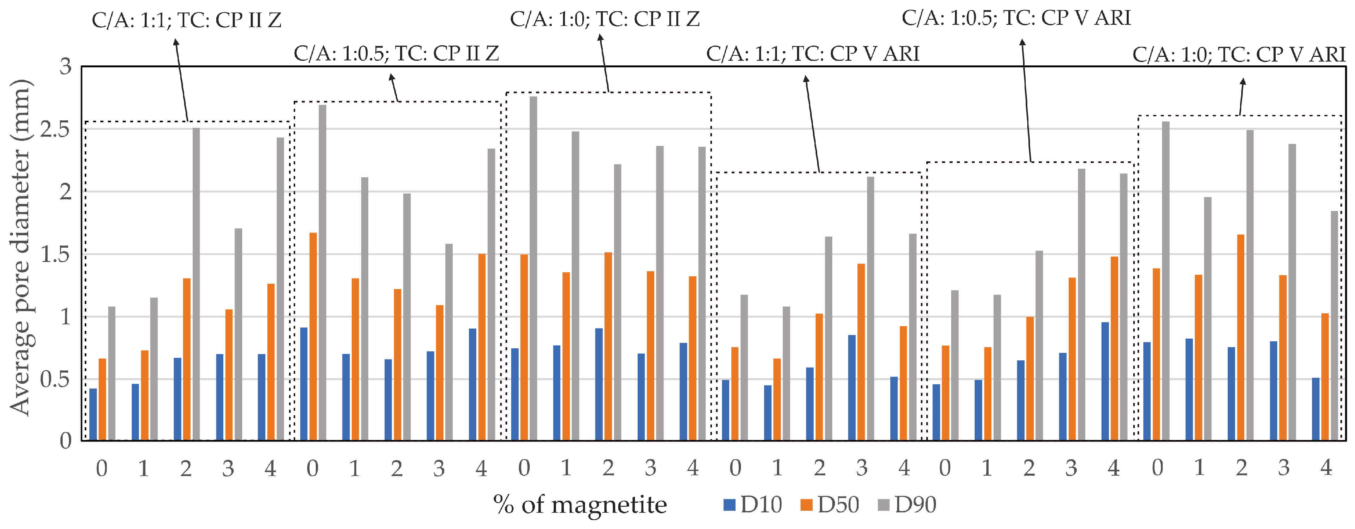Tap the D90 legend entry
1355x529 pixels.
pyautogui.click(x=907, y=505)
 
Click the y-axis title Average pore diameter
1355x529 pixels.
pyautogui.click(x=21, y=247)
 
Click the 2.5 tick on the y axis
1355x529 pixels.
pyautogui.click(x=55, y=129)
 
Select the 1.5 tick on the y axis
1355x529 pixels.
pyautogui.click(x=55, y=255)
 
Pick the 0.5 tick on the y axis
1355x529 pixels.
pyautogui.click(x=55, y=379)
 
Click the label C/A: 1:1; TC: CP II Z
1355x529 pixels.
pyautogui.click(x=187, y=20)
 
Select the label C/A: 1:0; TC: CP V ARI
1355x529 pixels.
pyautogui.click(x=1239, y=54)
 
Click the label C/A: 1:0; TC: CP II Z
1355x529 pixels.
pyautogui.click(x=605, y=19)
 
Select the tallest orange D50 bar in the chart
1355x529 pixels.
pyautogui.click(x=313, y=337)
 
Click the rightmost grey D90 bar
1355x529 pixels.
pyautogui.click(x=1334, y=326)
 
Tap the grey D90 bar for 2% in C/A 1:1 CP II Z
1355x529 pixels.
pyautogui.click(x=196, y=284)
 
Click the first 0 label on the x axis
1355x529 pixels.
pyautogui.click(x=101, y=468)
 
